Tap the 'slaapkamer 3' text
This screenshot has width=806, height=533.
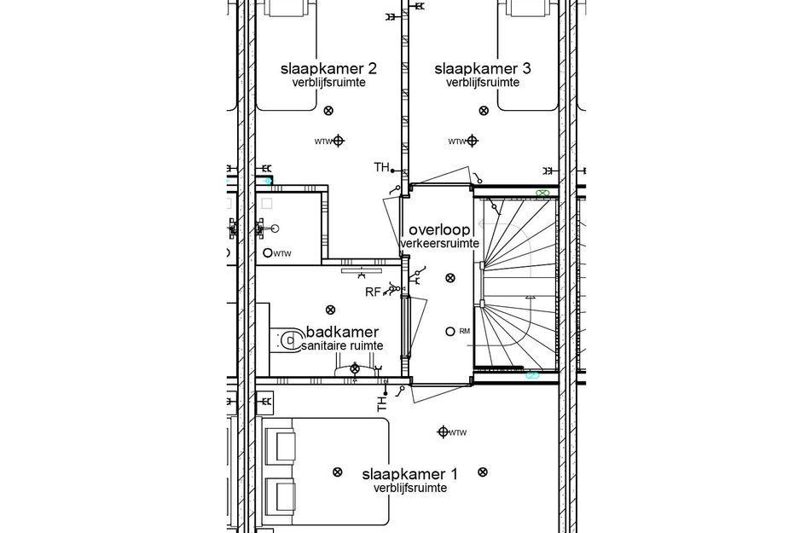482,68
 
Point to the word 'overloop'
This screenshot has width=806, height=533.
439,230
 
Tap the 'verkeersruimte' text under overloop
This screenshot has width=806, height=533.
439,244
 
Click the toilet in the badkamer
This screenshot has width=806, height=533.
286,340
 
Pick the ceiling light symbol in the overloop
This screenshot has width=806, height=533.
449,277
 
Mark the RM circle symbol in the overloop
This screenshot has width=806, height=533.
449,331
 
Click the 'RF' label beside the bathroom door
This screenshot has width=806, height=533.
372,292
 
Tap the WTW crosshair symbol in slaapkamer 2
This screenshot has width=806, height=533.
339,141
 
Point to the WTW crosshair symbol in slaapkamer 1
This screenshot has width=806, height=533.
443,432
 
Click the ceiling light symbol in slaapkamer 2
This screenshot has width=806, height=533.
330,109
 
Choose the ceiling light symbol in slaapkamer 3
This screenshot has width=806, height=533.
484,109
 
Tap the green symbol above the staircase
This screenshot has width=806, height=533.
541,194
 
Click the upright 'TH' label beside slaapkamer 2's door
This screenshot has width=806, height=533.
381,167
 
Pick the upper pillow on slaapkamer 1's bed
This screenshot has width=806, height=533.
281,445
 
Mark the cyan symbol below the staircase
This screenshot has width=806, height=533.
532,374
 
